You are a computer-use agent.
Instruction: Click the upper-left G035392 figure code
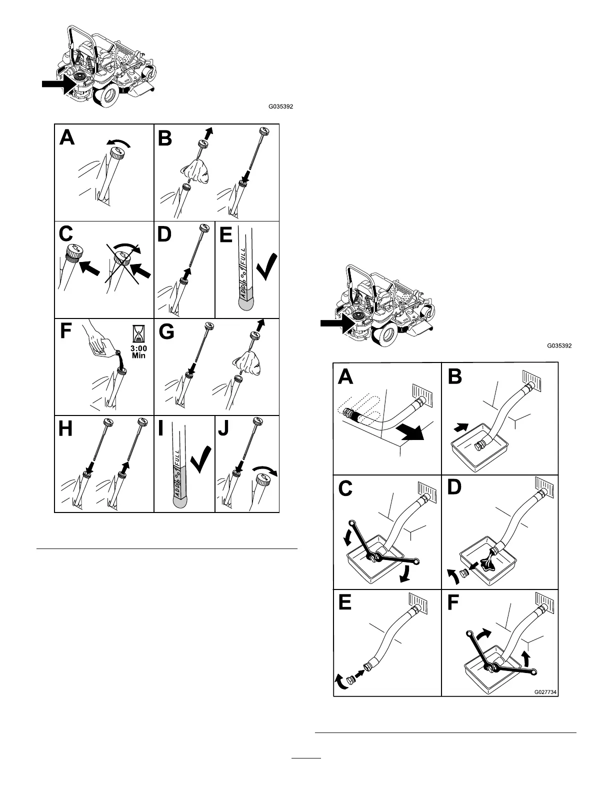tap(280, 106)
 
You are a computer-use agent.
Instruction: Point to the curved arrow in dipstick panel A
tap(121, 144)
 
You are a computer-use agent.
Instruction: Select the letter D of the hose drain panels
tap(454, 487)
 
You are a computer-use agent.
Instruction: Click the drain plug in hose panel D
tap(463, 572)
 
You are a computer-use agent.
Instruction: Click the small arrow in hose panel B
tap(461, 426)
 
